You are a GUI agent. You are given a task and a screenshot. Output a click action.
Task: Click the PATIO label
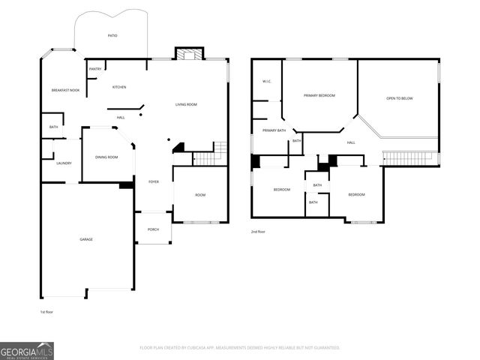(112, 35)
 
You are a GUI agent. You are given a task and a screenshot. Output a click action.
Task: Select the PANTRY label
(95, 69)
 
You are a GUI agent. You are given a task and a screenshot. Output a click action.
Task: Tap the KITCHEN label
(119, 87)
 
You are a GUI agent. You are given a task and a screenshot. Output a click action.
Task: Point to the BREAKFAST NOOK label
(65, 90)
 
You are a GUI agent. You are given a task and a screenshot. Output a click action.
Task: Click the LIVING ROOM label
(186, 104)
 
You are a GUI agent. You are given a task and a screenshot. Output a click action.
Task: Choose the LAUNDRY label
(64, 163)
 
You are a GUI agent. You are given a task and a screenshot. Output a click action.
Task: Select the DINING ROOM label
(106, 157)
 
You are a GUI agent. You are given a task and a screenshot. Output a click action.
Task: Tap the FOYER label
(153, 181)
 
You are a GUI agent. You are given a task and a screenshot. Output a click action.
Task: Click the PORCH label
(153, 229)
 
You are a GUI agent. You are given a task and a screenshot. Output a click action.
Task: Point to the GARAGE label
(86, 239)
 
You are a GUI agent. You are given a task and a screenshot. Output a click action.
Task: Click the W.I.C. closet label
(266, 81)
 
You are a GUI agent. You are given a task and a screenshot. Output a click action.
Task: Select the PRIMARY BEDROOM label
(319, 95)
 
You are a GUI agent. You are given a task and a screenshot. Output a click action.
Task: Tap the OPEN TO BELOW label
(399, 98)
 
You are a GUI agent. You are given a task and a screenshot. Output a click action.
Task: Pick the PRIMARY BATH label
(274, 130)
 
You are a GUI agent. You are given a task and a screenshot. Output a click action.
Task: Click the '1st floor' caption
(47, 311)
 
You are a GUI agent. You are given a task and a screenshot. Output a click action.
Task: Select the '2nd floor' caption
(258, 232)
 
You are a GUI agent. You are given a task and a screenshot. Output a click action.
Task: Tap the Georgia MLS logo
(27, 350)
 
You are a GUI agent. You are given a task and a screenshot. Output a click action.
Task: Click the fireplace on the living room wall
(190, 53)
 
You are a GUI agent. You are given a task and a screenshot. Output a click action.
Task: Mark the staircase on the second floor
(409, 158)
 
